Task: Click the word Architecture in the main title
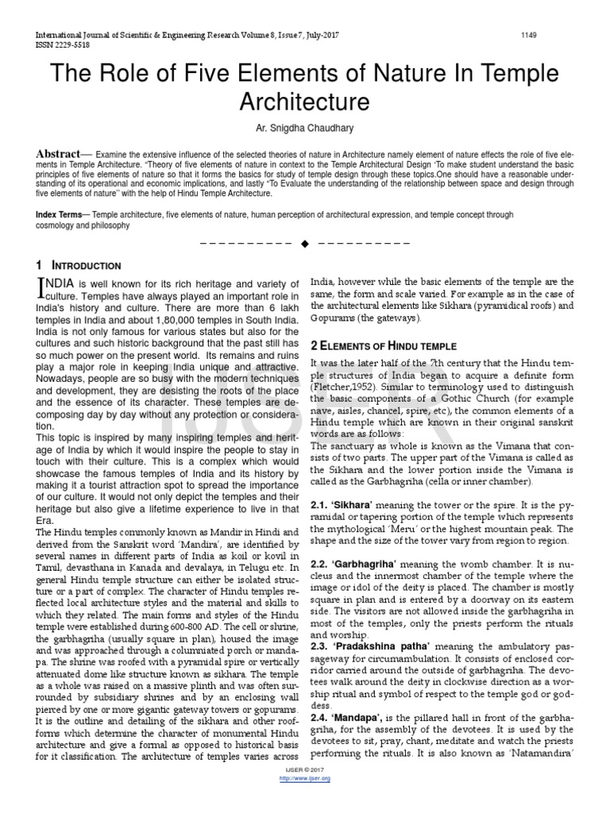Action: tap(305, 102)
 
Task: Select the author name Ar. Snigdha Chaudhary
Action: tap(305, 129)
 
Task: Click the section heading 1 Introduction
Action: tap(79, 265)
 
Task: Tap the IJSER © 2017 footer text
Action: tap(305, 770)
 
